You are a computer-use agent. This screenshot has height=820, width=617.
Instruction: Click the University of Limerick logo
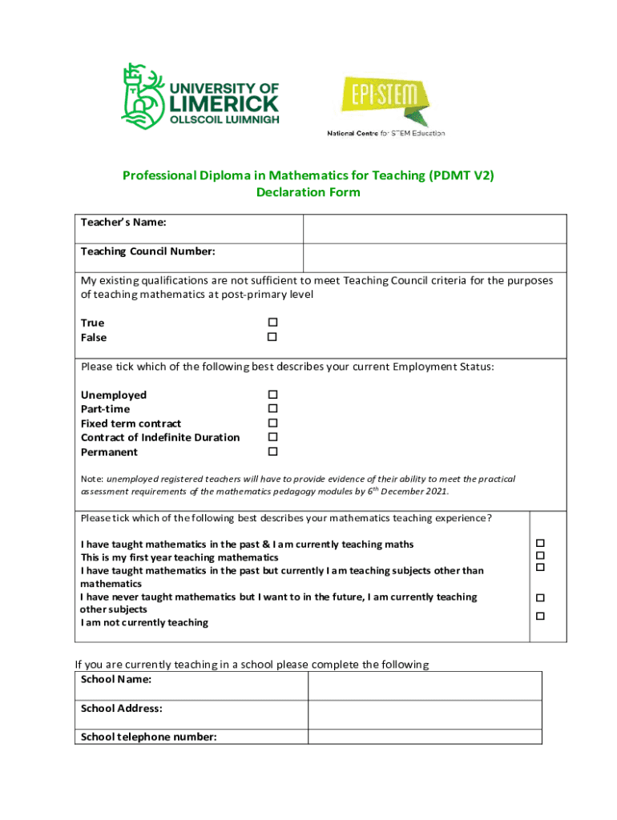pos(200,97)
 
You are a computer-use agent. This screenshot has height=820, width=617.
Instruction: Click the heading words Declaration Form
pos(308,192)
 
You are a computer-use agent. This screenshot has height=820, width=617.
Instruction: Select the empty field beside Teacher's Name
pos(434,228)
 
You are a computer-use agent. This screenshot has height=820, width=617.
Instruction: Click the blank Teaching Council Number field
pos(434,257)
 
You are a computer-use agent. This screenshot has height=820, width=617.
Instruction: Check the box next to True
pos(272,323)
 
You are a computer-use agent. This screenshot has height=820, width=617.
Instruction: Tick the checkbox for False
pos(272,337)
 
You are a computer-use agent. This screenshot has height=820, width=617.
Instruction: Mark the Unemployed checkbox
pos(272,395)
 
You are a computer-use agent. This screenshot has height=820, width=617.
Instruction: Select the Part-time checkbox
pos(272,408)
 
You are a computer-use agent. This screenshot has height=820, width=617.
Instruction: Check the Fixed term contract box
pos(272,423)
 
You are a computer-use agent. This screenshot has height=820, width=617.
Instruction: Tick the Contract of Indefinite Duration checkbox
pos(272,437)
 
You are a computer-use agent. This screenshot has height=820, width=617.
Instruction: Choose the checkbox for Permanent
pos(272,452)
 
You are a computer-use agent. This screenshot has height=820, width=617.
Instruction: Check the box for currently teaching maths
pos(540,544)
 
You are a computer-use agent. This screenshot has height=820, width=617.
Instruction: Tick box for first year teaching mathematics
pos(540,556)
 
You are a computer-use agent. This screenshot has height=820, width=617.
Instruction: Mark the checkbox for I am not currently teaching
pos(540,616)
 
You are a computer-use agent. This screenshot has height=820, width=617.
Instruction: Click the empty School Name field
pos(425,685)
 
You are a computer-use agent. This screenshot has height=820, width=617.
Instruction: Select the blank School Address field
pos(425,714)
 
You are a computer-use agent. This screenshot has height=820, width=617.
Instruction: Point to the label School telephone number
pos(149,737)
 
